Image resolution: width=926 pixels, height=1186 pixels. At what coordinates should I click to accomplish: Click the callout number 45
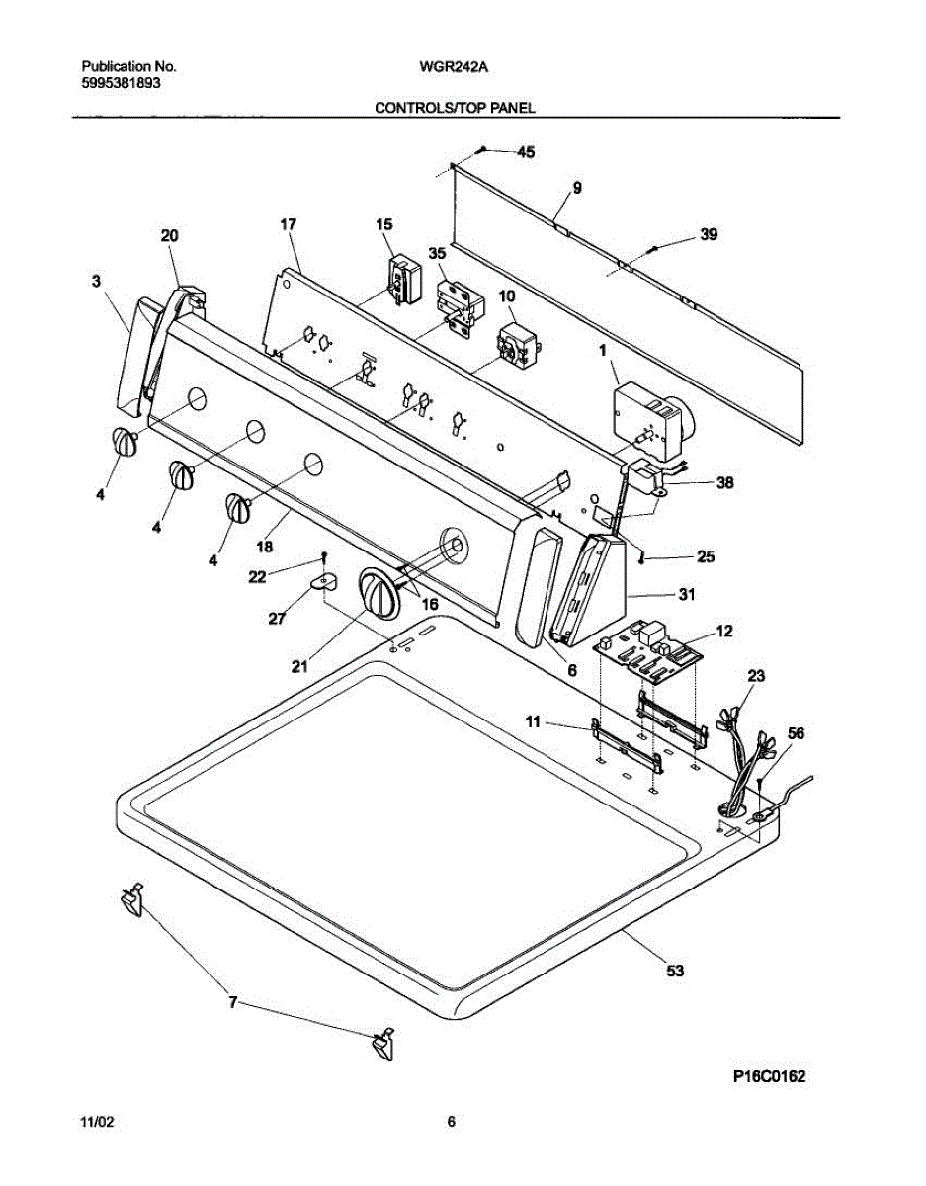tap(526, 152)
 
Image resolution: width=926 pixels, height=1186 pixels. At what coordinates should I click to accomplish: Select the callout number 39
tap(709, 235)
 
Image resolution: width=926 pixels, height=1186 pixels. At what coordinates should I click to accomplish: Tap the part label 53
tap(675, 972)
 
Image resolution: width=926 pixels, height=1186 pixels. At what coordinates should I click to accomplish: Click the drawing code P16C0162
tap(770, 1077)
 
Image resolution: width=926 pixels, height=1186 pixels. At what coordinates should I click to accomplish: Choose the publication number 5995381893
tap(120, 84)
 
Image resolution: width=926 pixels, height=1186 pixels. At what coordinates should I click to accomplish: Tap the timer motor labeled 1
tap(646, 415)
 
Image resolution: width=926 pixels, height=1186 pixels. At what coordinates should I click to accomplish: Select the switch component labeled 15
tap(402, 278)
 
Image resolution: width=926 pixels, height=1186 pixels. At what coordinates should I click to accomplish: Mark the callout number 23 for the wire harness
tap(756, 678)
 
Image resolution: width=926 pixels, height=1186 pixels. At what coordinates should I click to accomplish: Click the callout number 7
tap(233, 1002)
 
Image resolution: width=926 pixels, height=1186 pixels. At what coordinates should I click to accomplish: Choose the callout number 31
tap(687, 595)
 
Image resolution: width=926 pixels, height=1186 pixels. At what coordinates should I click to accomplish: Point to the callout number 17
tap(288, 225)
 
